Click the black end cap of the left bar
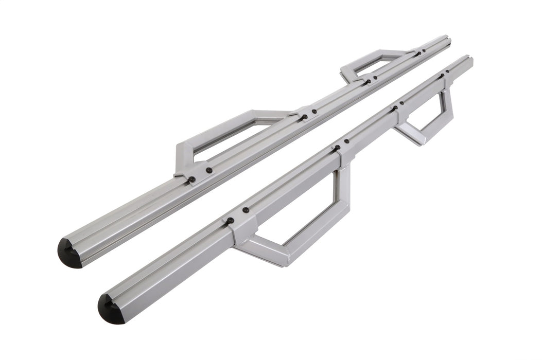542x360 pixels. [69, 254]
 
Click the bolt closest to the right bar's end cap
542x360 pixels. [230, 221]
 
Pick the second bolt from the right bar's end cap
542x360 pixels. [246, 210]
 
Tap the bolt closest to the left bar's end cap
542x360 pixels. [192, 179]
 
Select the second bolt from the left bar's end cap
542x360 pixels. [209, 170]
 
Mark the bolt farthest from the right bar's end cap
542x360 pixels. [447, 71]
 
